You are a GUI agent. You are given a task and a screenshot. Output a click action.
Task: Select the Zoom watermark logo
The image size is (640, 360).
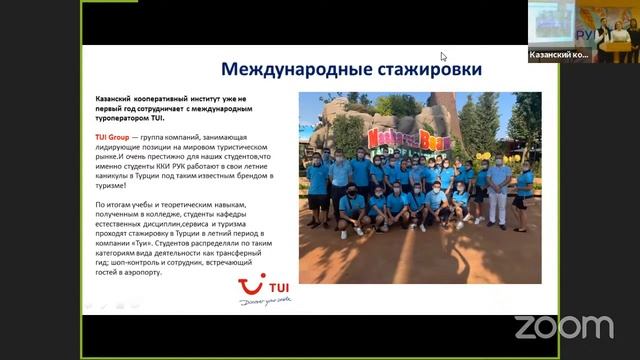tap(563, 326)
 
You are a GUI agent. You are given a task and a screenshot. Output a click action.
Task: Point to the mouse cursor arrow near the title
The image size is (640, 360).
tap(443, 56)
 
